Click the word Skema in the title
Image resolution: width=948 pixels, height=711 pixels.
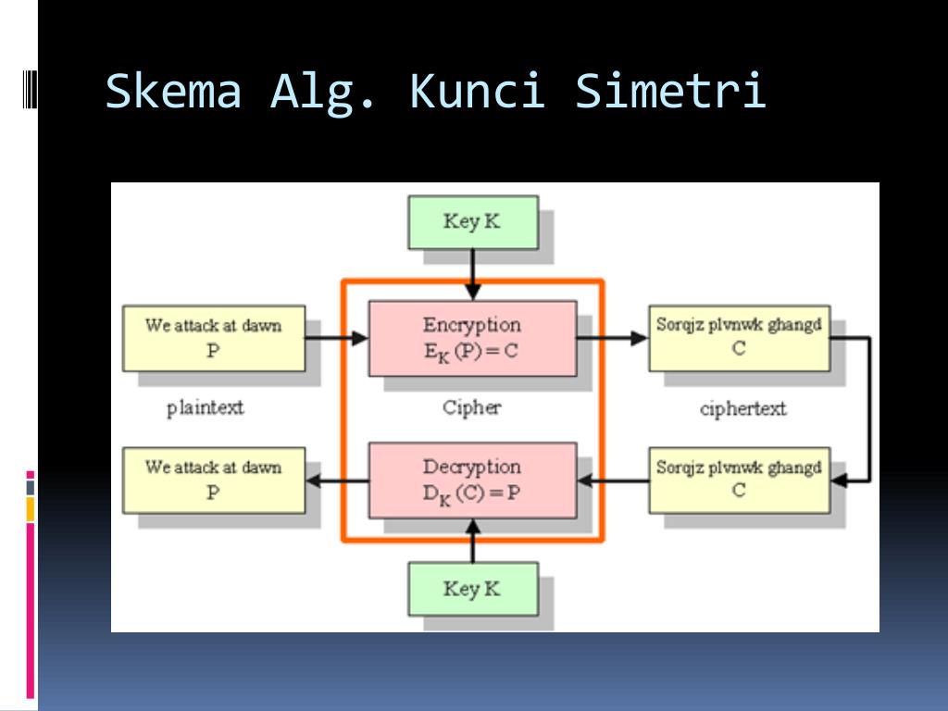[174, 92]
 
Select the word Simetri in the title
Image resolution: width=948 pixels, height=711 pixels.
[670, 92]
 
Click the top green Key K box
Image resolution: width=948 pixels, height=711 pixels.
[472, 222]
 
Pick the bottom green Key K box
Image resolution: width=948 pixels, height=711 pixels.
[472, 589]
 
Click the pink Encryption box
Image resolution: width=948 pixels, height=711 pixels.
[472, 338]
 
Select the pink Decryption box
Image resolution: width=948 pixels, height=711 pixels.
[472, 480]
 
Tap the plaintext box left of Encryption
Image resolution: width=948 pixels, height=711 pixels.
[213, 339]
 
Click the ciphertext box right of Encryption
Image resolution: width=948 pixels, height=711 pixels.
[739, 338]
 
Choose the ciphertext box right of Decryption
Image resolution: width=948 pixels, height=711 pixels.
[739, 480]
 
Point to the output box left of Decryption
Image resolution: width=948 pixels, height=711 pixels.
[213, 480]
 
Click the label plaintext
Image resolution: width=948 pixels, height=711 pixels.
[206, 407]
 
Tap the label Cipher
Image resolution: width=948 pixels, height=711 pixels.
[471, 407]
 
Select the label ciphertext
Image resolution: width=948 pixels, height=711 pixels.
[742, 408]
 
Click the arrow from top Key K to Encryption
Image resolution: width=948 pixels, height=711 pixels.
[472, 274]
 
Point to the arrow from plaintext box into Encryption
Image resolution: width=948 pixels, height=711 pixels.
[337, 339]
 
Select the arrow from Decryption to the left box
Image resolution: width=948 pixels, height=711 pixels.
[337, 480]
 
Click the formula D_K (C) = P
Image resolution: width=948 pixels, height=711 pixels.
[471, 493]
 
